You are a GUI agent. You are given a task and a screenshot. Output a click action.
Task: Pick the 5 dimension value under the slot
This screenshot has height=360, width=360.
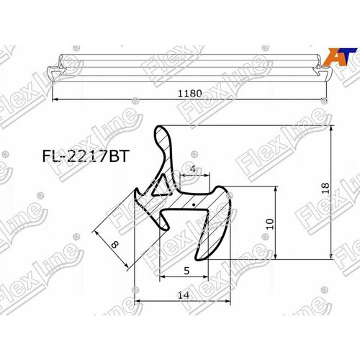[186, 271]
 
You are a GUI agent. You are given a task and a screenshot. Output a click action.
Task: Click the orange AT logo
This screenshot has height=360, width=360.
[337, 56]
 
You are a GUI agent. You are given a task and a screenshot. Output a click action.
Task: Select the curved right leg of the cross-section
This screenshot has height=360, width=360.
[220, 223]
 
